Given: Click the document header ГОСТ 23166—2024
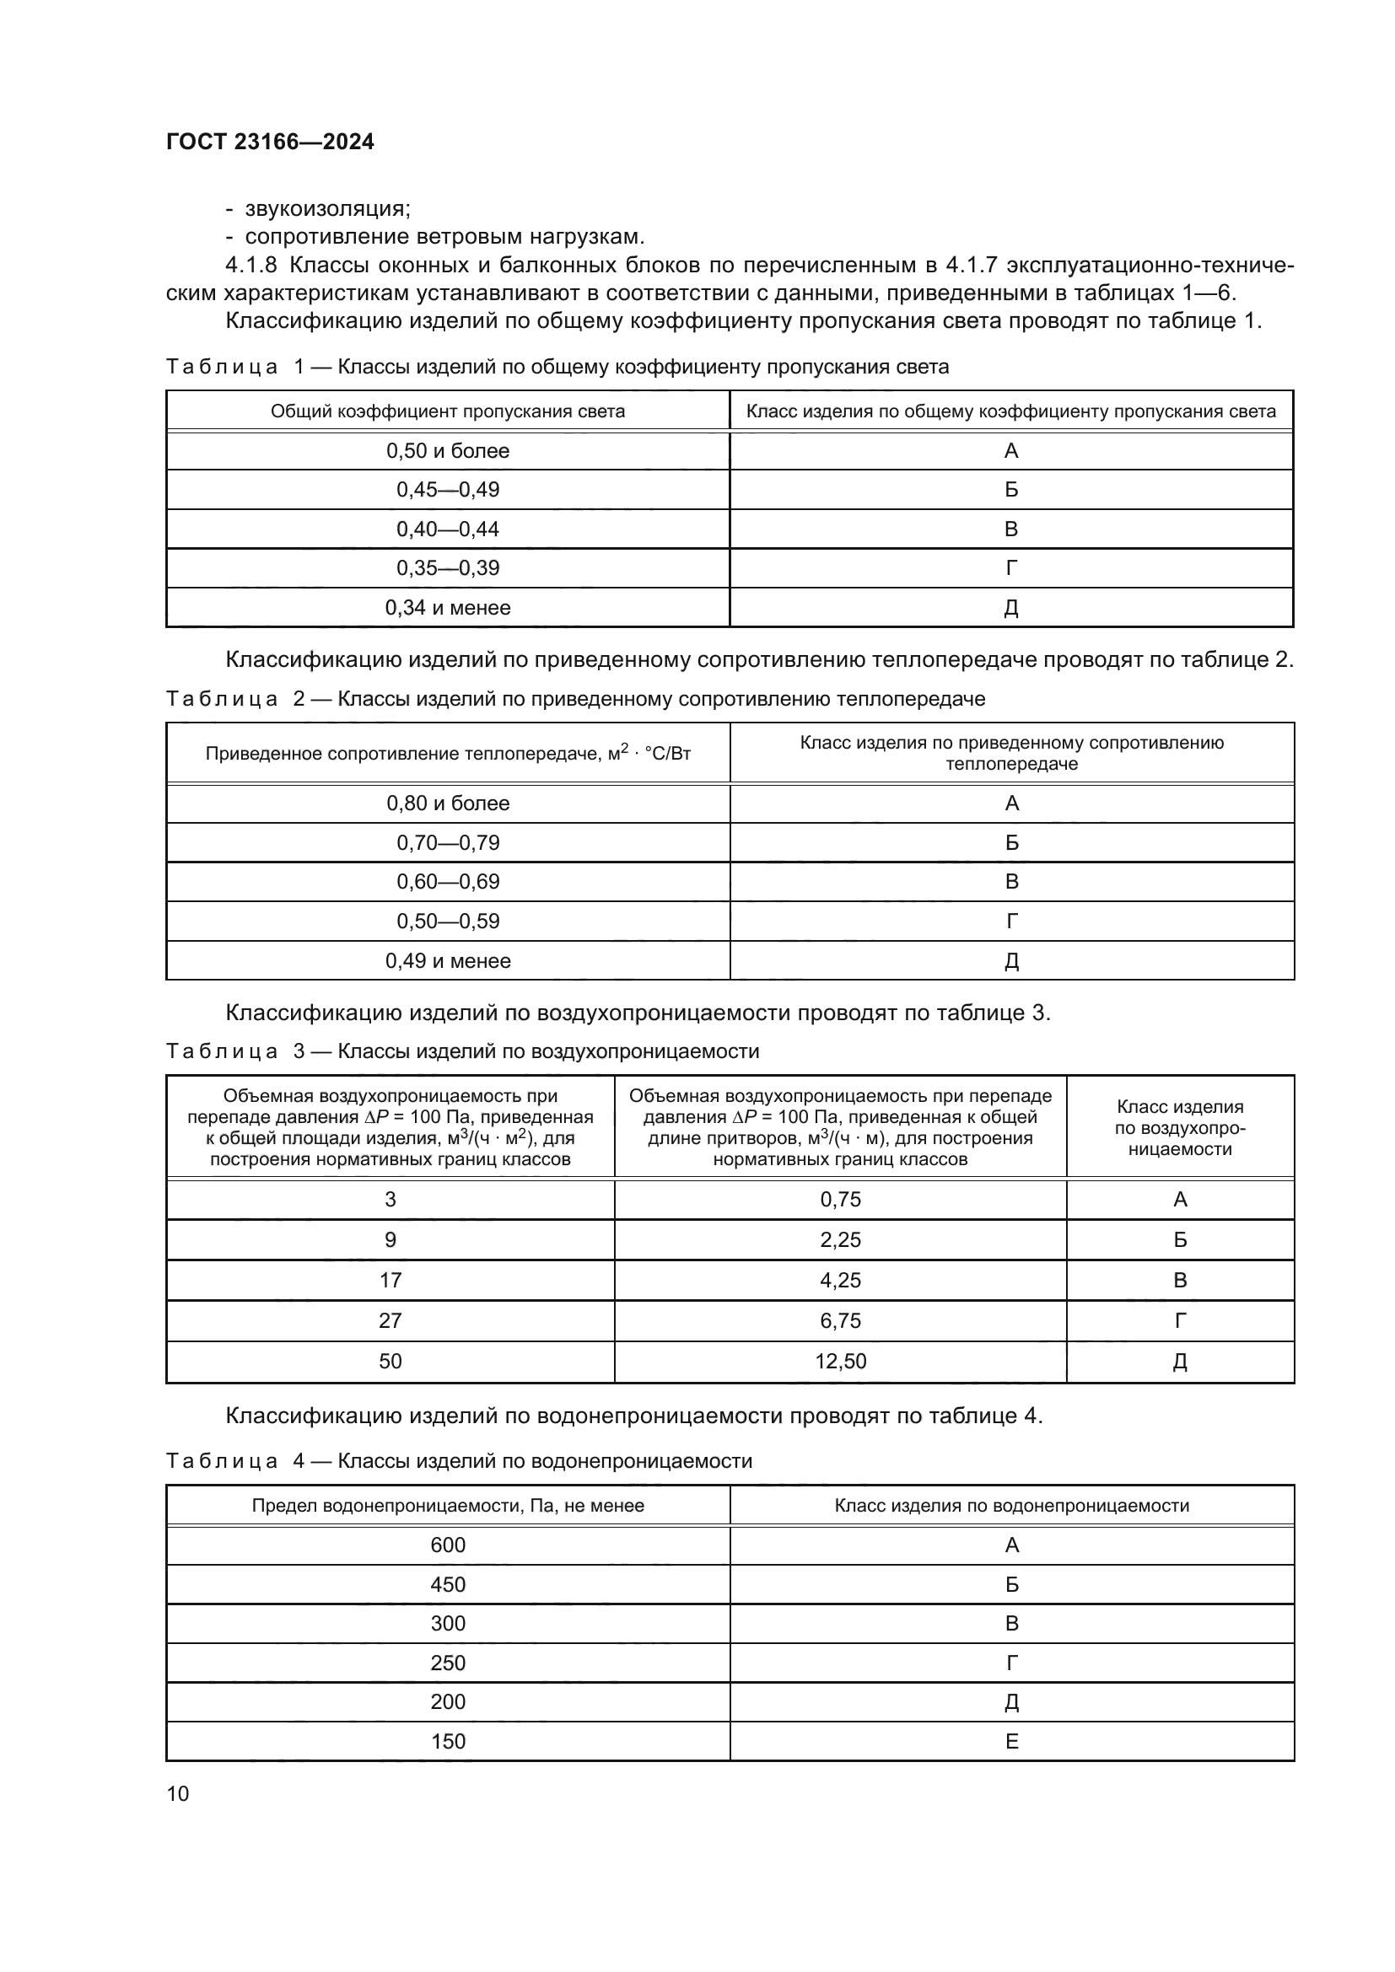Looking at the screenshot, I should click(270, 142).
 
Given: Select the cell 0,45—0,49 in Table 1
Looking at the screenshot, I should click(448, 490).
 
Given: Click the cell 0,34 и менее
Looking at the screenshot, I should click(448, 608).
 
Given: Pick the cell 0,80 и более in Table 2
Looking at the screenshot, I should click(448, 804).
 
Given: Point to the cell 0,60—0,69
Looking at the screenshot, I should click(448, 882).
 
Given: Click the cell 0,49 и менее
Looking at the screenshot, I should click(448, 961).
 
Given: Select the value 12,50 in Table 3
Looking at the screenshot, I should click(840, 1362).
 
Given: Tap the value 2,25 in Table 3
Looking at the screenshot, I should click(840, 1240).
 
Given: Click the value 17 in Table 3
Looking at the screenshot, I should click(390, 1281).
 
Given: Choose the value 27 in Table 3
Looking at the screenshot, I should click(390, 1321).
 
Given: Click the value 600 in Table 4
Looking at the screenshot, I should click(448, 1546).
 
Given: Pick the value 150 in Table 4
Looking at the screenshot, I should click(448, 1742).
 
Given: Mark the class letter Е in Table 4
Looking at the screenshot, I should click(1012, 1742).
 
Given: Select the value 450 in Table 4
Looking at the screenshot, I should click(448, 1585).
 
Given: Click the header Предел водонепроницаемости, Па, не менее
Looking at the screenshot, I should click(448, 1506).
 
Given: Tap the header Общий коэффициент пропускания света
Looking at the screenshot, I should click(448, 411).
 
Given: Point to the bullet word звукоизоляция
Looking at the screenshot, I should click(326, 209).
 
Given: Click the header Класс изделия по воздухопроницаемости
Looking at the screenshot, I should click(1179, 1128).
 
